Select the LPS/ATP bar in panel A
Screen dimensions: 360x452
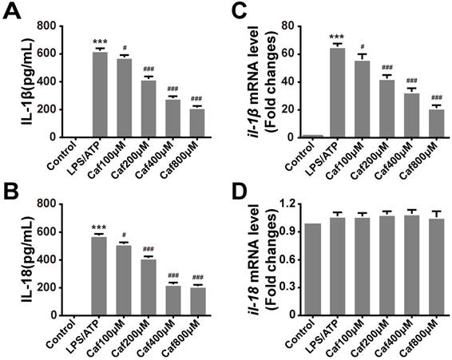coord(100,95)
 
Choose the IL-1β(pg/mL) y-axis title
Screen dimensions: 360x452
coord(18,80)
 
